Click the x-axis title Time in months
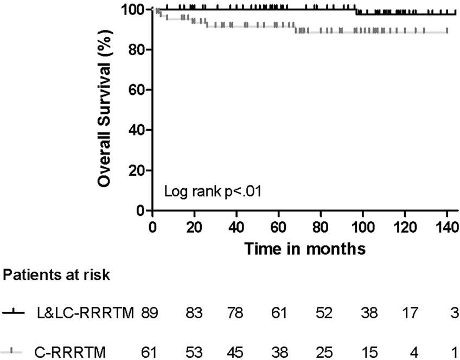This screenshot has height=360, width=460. point(304,249)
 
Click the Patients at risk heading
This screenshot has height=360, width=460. point(56,276)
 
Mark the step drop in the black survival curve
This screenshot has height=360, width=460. point(356,11)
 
